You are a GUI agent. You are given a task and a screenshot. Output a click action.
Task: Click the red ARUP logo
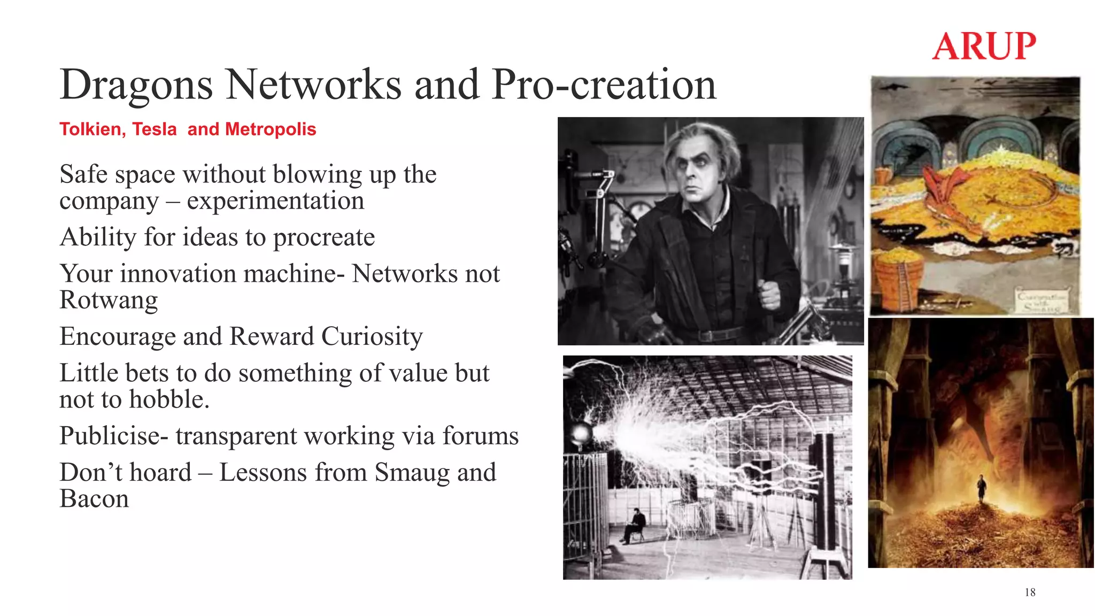[984, 46]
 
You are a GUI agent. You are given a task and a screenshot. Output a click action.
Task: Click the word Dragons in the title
[136, 86]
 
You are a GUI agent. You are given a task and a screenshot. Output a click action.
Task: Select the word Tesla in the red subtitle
[154, 129]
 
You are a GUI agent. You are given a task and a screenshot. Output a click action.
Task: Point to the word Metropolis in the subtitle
[271, 129]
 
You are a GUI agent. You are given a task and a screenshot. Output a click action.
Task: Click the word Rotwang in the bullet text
[109, 301]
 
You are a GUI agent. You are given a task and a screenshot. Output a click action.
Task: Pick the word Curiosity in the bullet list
[372, 337]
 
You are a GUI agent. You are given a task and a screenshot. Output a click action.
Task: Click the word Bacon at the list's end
[94, 499]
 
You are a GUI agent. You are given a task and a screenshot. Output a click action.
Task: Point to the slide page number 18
[1030, 592]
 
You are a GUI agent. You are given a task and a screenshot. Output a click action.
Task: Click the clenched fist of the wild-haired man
[769, 294]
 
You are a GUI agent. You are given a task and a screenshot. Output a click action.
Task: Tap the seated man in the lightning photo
[636, 525]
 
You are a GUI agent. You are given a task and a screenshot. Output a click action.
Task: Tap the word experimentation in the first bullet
[275, 202]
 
